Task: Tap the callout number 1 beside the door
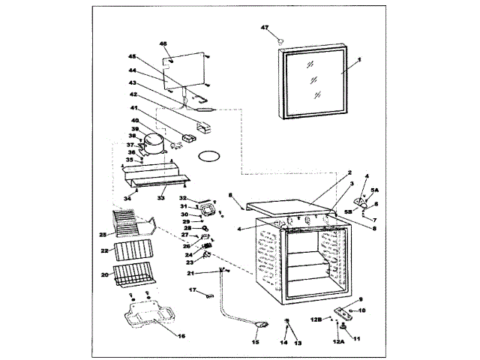pos(358,59)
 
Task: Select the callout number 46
pos(163,43)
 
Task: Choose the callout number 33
pos(160,199)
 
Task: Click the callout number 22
pos(106,250)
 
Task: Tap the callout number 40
pos(135,120)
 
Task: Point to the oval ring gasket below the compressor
pos(208,156)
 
